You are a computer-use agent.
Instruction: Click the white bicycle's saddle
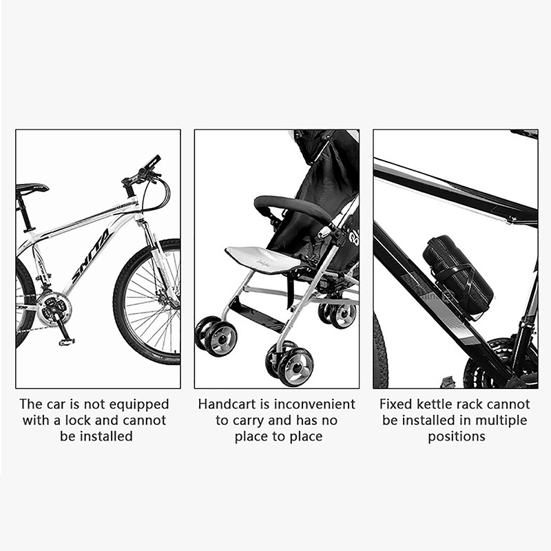point(31,188)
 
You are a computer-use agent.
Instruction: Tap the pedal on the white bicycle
point(67,341)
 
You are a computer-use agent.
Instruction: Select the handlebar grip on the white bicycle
point(152,162)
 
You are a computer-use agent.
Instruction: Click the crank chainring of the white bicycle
point(54,308)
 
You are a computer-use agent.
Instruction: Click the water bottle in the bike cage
point(457,275)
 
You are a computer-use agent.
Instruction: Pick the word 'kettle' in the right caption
point(437,404)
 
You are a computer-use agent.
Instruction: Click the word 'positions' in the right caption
point(457,437)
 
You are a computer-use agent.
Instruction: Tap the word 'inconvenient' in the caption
point(315,404)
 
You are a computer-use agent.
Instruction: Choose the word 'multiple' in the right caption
point(501,421)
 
